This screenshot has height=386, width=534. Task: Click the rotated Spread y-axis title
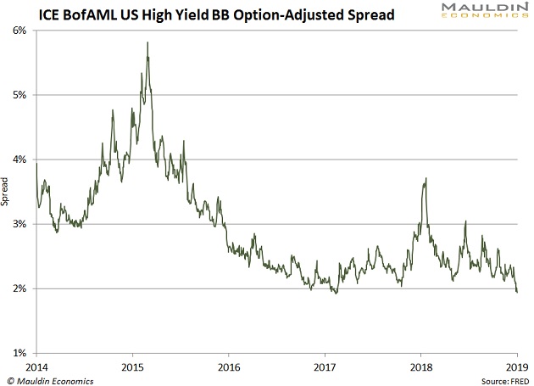[x=6, y=192]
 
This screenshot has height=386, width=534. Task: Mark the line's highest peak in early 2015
[x=147, y=42]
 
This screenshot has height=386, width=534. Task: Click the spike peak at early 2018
[x=425, y=178]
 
